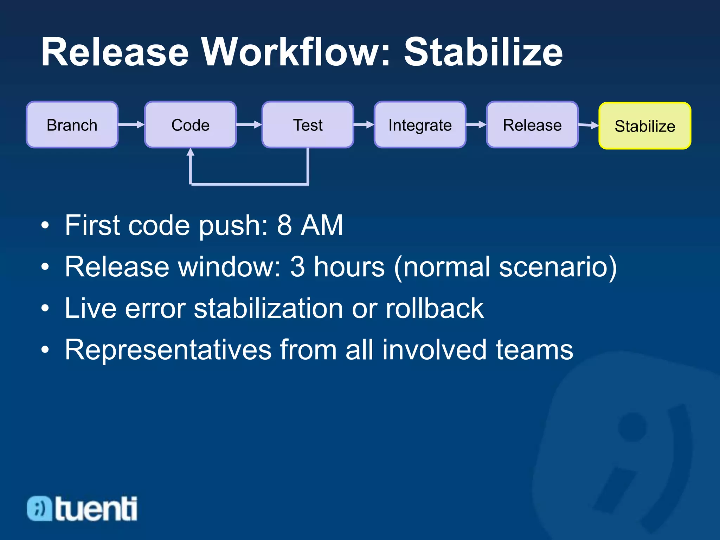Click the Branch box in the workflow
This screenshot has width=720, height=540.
(x=72, y=125)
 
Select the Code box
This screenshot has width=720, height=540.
(x=190, y=125)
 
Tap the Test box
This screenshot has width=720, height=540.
(x=308, y=125)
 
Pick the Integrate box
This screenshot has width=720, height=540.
(x=420, y=125)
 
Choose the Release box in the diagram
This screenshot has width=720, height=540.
(x=532, y=125)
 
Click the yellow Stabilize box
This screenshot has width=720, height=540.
(x=645, y=126)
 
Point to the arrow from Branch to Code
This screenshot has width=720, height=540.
(x=131, y=124)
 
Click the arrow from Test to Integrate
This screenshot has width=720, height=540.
(x=364, y=124)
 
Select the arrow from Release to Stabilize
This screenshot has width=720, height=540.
(x=588, y=125)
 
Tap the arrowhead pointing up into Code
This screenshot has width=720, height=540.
(x=191, y=152)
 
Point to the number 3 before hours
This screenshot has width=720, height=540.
(x=297, y=266)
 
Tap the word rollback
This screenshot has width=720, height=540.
(x=435, y=308)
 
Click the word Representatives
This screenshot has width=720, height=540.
(x=168, y=349)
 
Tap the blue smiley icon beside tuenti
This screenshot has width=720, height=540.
(x=39, y=508)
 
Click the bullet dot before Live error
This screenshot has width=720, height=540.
(x=45, y=309)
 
